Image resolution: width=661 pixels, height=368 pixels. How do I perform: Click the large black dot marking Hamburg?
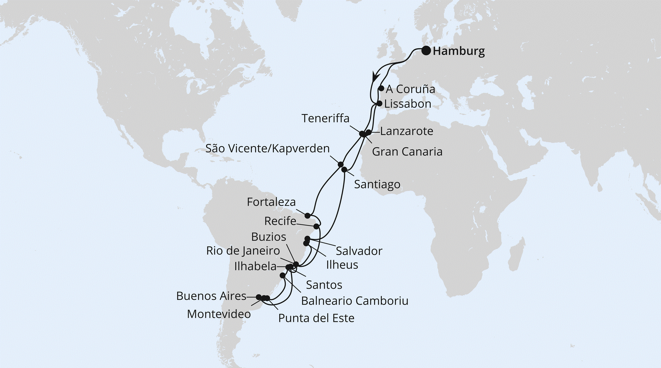[426, 51]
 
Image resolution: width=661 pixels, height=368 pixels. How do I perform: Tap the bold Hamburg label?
[458, 51]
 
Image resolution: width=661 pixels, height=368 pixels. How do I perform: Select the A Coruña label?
[410, 89]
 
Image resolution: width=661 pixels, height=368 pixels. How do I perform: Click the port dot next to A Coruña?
[381, 88]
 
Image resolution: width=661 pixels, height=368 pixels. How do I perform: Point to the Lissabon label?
[408, 104]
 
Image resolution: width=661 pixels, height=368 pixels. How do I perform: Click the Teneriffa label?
[325, 118]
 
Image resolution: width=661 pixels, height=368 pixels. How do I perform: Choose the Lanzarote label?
[406, 131]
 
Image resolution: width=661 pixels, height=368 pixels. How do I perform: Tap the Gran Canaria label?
[407, 151]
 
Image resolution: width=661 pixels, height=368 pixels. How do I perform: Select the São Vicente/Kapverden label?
[267, 148]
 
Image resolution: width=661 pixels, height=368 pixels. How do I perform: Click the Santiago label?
[377, 184]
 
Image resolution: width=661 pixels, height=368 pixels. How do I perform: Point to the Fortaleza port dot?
[307, 216]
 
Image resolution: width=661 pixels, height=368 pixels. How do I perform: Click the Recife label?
[280, 221]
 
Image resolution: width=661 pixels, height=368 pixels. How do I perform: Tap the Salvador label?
[359, 251]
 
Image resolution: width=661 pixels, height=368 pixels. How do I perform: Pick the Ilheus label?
[342, 265]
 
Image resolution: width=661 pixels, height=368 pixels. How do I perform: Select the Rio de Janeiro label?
[243, 251]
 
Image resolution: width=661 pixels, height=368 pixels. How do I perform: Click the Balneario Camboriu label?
[354, 301]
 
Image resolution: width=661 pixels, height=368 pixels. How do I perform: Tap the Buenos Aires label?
[211, 296]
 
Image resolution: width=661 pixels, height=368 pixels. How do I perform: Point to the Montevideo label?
[219, 314]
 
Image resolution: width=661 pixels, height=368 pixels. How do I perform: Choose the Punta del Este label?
[316, 318]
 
